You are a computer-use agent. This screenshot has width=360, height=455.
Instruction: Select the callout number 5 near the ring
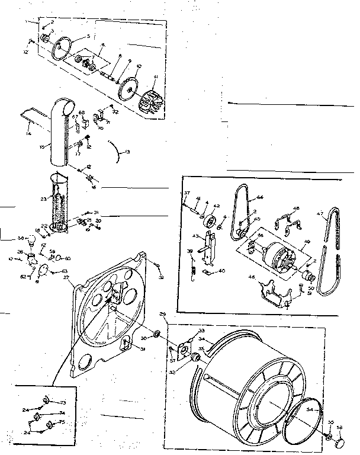point(88,36)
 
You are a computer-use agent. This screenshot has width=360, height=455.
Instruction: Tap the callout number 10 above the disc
point(139,66)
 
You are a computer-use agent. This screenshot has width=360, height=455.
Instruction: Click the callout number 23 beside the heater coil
point(43,200)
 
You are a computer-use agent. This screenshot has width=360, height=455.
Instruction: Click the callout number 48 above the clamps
point(297,209)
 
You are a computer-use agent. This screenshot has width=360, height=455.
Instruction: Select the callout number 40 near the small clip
point(221,271)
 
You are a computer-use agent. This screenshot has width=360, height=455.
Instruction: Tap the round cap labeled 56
point(341,443)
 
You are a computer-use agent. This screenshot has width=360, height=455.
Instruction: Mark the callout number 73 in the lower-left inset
point(63,401)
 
